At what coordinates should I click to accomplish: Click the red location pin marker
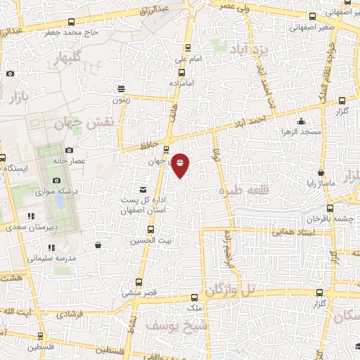(x=180, y=165)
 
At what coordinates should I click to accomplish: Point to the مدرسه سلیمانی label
(x=48, y=257)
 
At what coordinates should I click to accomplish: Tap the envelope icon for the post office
(x=143, y=190)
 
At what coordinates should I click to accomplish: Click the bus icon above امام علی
(x=187, y=48)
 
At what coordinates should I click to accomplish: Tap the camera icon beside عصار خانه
(x=69, y=150)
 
